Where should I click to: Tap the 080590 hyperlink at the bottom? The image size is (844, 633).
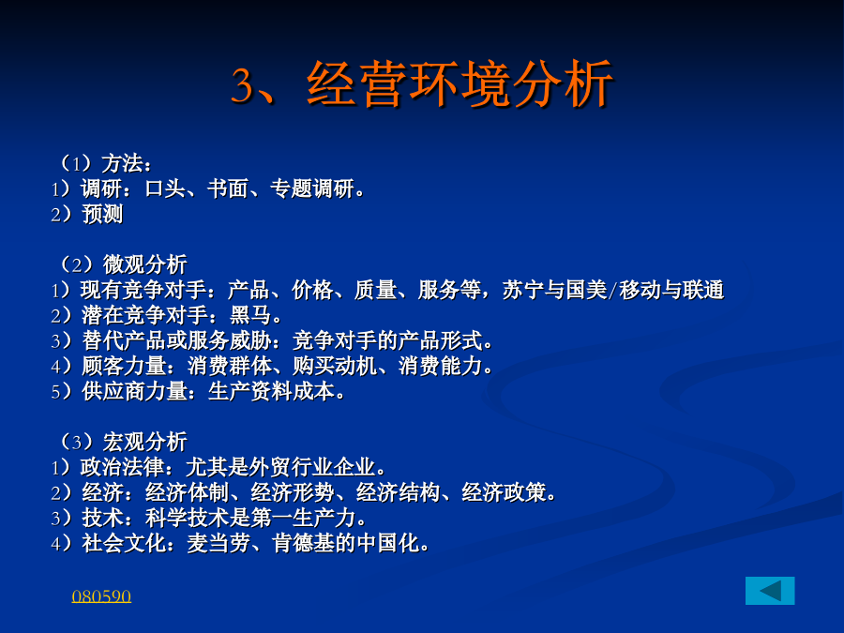pyautogui.click(x=101, y=596)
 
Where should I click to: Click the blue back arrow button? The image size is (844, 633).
pyautogui.click(x=770, y=591)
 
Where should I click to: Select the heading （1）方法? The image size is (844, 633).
pyautogui.click(x=105, y=163)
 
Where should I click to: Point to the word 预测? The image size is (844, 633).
pyautogui.click(x=102, y=214)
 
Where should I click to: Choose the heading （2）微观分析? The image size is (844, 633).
pyautogui.click(x=123, y=264)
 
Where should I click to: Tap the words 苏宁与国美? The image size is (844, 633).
pyautogui.click(x=554, y=290)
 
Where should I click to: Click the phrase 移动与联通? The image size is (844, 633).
pyautogui.click(x=671, y=290)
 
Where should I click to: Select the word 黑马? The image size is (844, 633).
pyautogui.click(x=250, y=315)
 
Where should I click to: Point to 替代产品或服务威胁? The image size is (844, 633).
pyautogui.click(x=177, y=340)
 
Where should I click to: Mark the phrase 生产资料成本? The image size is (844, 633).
pyautogui.click(x=271, y=391)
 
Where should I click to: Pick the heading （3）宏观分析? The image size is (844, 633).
pyautogui.click(x=123, y=442)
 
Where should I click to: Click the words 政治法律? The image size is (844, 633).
pyautogui.click(x=122, y=467)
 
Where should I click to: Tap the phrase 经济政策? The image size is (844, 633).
pyautogui.click(x=504, y=492)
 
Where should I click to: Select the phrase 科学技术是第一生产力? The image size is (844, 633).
pyautogui.click(x=250, y=518)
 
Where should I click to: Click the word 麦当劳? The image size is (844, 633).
pyautogui.click(x=219, y=543)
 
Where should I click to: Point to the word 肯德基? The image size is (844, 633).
pyautogui.click(x=303, y=543)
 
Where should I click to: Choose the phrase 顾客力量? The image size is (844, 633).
pyautogui.click(x=124, y=366)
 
